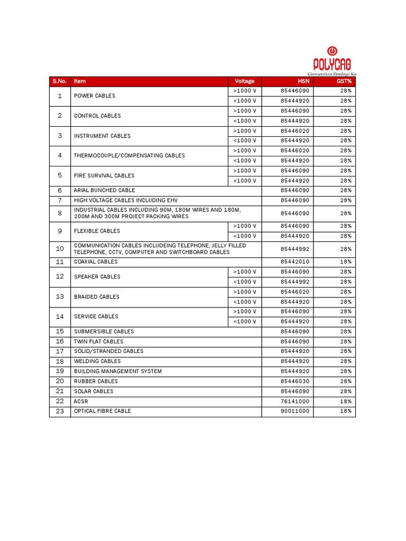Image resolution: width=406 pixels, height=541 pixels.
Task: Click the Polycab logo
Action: pos(331,61)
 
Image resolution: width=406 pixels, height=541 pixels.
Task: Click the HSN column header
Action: pos(303,81)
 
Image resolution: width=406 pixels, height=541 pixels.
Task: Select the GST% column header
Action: pos(344,81)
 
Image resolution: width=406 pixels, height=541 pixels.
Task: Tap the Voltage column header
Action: pos(244,81)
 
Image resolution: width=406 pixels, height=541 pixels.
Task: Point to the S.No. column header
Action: pos(60,81)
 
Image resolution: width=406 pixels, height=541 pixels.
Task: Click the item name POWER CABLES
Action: pos(95,96)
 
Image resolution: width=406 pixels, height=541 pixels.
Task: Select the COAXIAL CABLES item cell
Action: pos(96,262)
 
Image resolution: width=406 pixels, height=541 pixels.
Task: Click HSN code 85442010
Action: pos(296,262)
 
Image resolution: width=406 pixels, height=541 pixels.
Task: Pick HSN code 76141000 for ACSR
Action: pos(296,402)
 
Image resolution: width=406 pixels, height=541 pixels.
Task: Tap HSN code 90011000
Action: pos(296,411)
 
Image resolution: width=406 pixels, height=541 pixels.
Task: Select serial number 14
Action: pos(60,316)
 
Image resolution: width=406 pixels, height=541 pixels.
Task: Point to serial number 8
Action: pos(60,213)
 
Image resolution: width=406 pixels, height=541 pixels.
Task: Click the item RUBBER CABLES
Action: pos(96,381)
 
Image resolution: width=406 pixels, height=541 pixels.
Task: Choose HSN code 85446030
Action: pos(296,381)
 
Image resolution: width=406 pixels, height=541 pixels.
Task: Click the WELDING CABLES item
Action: pos(97,361)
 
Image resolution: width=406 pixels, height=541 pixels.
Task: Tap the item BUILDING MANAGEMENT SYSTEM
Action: pos(117,371)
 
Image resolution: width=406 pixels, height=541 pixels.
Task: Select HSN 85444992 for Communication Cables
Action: pos(296,249)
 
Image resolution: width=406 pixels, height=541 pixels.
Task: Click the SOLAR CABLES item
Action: pos(94,391)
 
